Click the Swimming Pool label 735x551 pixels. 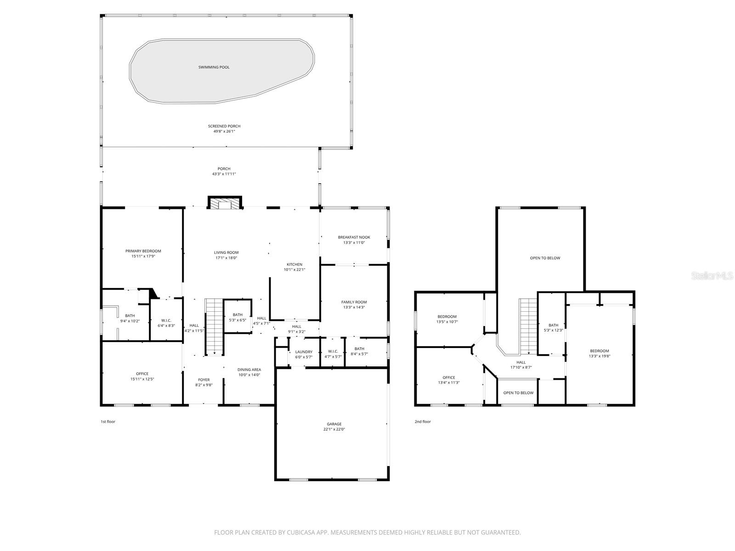pos(214,67)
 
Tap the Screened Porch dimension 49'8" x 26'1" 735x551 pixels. pos(224,131)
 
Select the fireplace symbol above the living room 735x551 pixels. pos(225,203)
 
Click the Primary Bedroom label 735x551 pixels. pos(143,251)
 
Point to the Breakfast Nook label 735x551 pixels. pos(354,237)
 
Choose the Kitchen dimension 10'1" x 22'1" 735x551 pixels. pos(294,270)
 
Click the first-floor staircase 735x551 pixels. pos(215,327)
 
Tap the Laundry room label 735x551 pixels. pos(304,352)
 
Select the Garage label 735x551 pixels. pos(334,424)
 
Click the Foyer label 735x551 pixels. pos(204,380)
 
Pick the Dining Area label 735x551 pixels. pos(249,370)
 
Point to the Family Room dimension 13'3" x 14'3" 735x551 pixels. pos(354,307)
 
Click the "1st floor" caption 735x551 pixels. pos(108,422)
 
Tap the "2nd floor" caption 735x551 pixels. pos(423,422)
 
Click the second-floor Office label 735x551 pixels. pos(449,377)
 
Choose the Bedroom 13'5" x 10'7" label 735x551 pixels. pos(447,316)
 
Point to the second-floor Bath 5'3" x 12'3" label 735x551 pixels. pos(553,325)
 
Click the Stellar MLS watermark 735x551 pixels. pos(712,275)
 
